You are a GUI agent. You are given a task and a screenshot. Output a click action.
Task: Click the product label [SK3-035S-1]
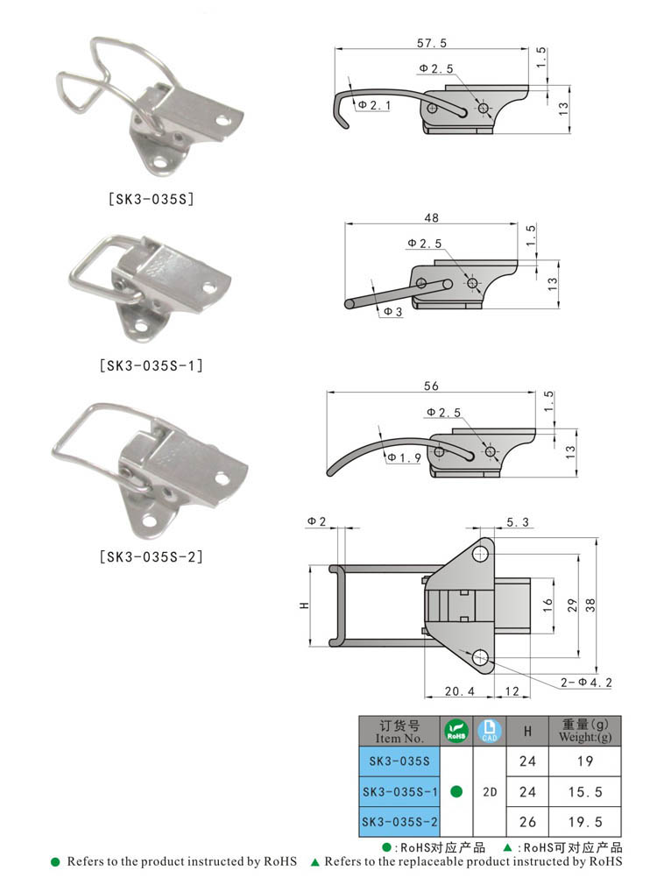(150, 365)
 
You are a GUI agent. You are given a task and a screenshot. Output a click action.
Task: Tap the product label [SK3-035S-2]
(150, 556)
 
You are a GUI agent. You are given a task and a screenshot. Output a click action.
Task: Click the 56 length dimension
(430, 386)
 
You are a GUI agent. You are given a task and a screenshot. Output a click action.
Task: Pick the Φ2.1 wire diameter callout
(375, 105)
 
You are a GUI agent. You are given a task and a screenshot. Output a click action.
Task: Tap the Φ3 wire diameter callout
(392, 312)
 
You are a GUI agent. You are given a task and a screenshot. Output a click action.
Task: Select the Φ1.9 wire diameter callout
(404, 457)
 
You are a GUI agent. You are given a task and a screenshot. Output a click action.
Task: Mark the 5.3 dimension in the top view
(517, 523)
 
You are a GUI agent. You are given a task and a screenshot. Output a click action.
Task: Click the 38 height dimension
(590, 604)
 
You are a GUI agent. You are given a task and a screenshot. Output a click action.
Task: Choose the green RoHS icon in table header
(456, 731)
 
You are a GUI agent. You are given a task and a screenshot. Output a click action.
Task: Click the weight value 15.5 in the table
(584, 791)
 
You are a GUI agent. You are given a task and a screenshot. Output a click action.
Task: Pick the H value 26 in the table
(527, 822)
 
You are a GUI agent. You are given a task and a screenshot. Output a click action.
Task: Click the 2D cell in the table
(490, 791)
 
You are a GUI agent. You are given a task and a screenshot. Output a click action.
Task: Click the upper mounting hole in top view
(480, 553)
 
